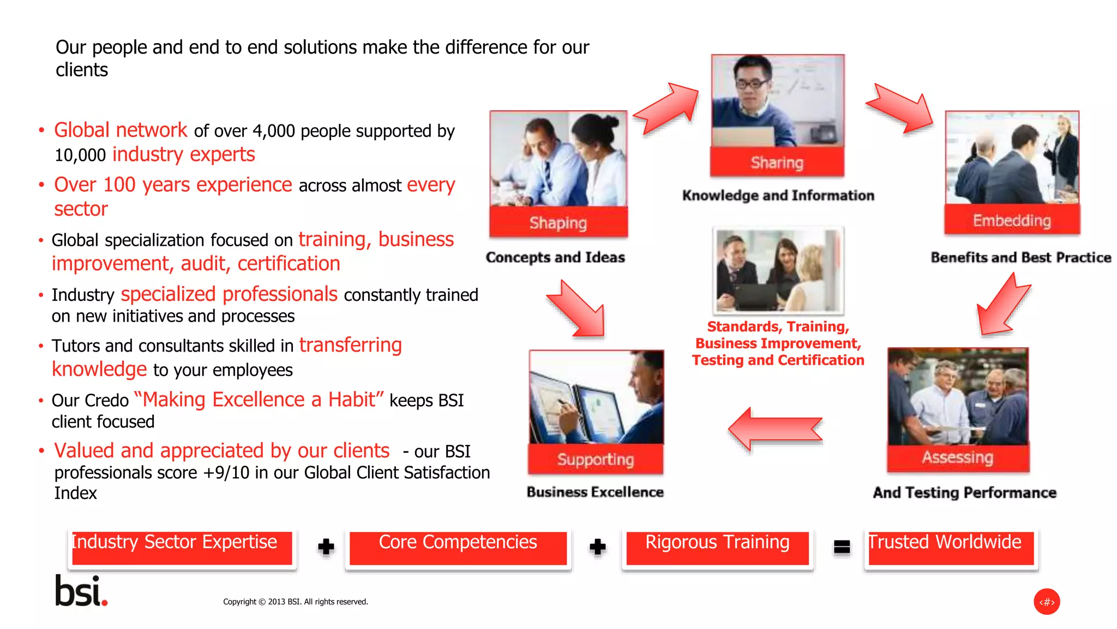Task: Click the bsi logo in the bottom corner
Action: click(x=81, y=591)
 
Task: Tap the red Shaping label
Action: click(x=558, y=222)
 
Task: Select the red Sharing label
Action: click(x=777, y=162)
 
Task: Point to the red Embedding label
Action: click(x=1012, y=220)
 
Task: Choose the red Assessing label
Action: click(x=958, y=458)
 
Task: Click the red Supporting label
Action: click(x=596, y=460)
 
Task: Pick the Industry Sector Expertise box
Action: click(x=182, y=548)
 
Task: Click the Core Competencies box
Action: click(x=458, y=548)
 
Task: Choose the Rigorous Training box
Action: click(x=717, y=548)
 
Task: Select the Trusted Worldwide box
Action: click(x=951, y=548)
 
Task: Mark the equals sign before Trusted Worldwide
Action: click(x=842, y=547)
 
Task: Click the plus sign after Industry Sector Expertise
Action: click(x=326, y=547)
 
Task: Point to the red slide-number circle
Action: click(x=1047, y=602)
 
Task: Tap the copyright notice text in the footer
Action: click(x=295, y=602)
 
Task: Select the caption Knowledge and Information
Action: click(x=778, y=195)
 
